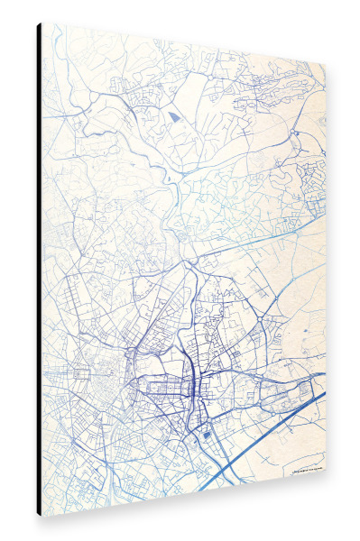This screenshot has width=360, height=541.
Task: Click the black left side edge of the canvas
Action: [x=39, y=270]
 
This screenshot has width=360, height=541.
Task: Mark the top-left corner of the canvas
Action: [x=42, y=24]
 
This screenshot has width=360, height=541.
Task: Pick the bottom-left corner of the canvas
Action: [x=42, y=515]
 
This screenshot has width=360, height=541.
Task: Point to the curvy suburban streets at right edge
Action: [x=311, y=171]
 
